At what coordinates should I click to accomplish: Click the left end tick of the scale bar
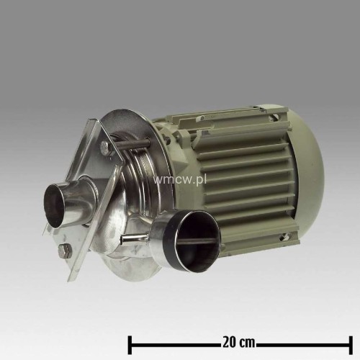click(130, 338)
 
